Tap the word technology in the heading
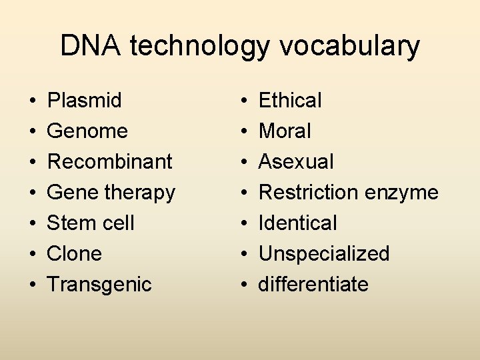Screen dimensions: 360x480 (x=201, y=47)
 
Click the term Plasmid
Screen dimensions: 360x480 (x=85, y=101)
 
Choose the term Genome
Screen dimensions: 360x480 (x=87, y=131)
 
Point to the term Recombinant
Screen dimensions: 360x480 (x=110, y=161)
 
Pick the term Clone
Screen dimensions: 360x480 (x=74, y=253)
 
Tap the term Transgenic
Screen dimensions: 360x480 (x=99, y=285)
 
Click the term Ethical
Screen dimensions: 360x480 (x=290, y=101)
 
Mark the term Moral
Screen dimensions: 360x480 (x=285, y=131)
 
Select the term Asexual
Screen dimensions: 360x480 (x=296, y=161)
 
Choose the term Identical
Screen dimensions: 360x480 (x=298, y=223)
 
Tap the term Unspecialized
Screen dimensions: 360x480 (x=324, y=253)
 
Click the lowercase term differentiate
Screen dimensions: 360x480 (x=313, y=284)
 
